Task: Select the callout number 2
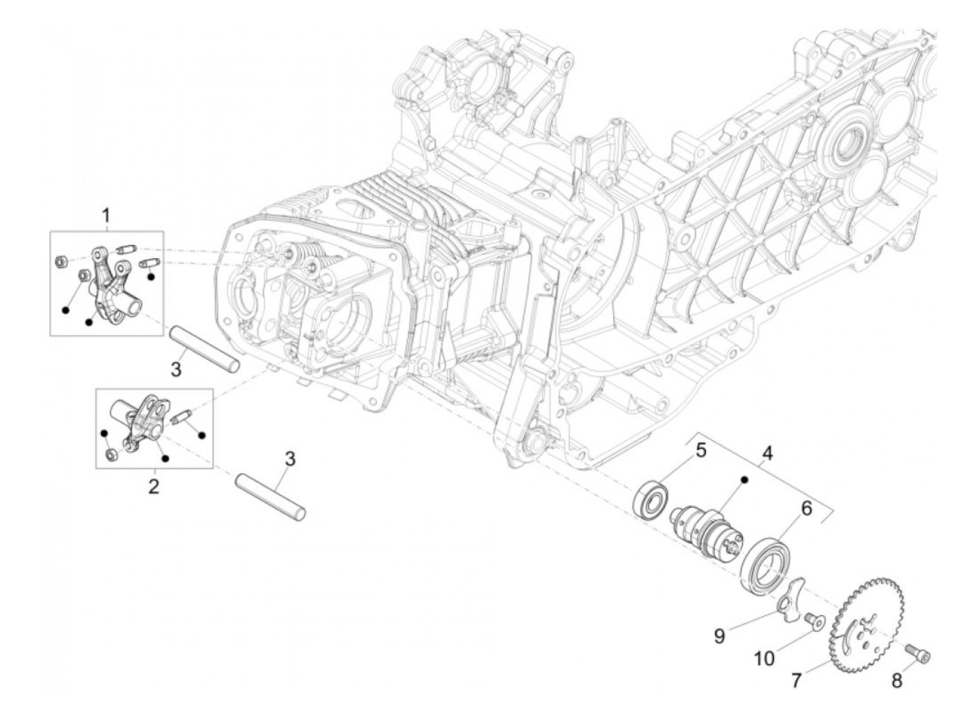click(x=154, y=486)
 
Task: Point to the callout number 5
click(x=700, y=452)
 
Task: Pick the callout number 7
click(x=796, y=681)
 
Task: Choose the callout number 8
click(x=896, y=681)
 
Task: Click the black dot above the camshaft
click(x=745, y=479)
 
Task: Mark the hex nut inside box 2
click(x=111, y=454)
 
